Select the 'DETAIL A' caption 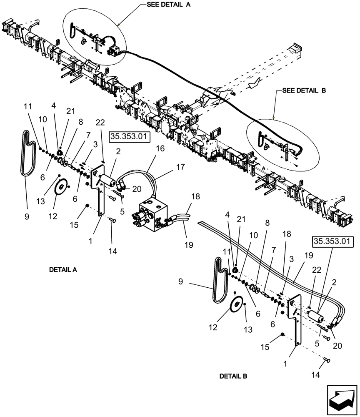tap(63, 270)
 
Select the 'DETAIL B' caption tap(233, 376)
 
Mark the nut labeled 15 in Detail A tap(87, 206)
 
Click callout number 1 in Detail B tap(285, 364)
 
